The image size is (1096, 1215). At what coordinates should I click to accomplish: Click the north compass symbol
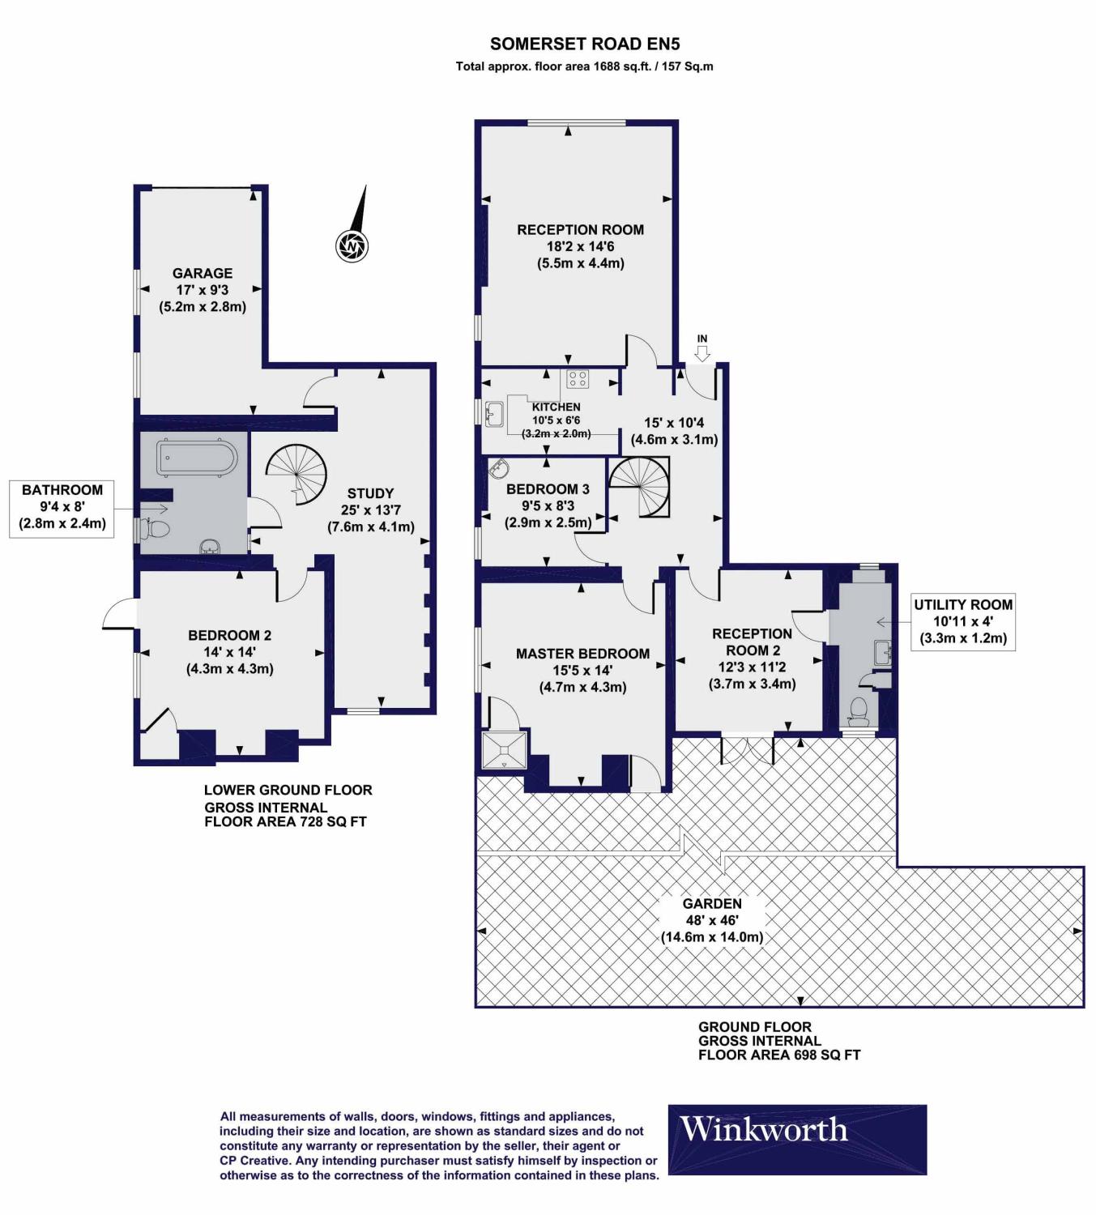pyautogui.click(x=352, y=243)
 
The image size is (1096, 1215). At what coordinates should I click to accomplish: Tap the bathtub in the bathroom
pyautogui.click(x=198, y=458)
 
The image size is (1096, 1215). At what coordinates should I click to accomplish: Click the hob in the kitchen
pyautogui.click(x=578, y=379)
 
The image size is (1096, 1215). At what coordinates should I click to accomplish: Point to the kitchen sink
pyautogui.click(x=493, y=416)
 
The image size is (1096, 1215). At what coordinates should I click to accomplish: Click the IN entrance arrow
pyautogui.click(x=702, y=351)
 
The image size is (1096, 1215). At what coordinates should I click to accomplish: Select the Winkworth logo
pyautogui.click(x=797, y=1140)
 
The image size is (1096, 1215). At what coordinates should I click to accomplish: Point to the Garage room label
pyautogui.click(x=203, y=274)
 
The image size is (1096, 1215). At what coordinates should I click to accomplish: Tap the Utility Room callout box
pyautogui.click(x=963, y=621)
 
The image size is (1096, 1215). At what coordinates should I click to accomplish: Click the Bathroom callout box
pyautogui.click(x=62, y=506)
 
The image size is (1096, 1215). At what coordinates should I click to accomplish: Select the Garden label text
pyautogui.click(x=712, y=903)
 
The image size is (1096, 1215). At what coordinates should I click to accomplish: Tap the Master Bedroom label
pyautogui.click(x=582, y=654)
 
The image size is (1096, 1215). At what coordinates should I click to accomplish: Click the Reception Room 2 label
pyautogui.click(x=752, y=642)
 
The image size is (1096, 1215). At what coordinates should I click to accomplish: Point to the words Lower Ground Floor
pyautogui.click(x=288, y=790)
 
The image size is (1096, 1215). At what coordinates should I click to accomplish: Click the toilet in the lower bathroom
pyautogui.click(x=156, y=530)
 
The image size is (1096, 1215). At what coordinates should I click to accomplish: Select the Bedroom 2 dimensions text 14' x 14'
pyautogui.click(x=230, y=652)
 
